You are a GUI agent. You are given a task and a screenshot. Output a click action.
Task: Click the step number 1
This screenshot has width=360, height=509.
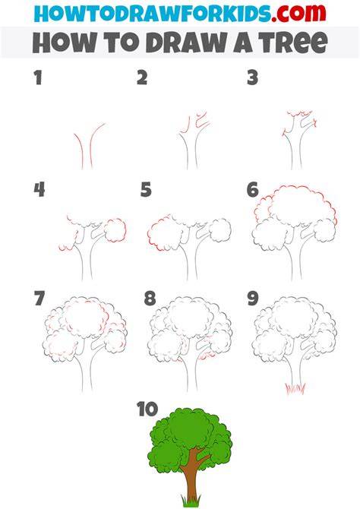[38, 78]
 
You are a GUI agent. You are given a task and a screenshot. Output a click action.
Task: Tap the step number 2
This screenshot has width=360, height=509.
[142, 78]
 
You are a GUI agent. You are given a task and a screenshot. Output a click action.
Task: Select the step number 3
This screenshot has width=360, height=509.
[252, 78]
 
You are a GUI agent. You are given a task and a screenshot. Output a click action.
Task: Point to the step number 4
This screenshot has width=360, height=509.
[39, 190]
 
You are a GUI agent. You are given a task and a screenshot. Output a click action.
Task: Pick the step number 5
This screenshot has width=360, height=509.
[146, 190]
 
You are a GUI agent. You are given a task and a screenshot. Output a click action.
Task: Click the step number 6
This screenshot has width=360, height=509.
[253, 190]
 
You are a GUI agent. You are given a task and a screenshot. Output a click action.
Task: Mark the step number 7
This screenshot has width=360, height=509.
[39, 299]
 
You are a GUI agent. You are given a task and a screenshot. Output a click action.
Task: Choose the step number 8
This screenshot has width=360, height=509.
[150, 299]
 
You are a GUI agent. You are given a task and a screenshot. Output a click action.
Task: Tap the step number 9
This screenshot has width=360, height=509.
[253, 299]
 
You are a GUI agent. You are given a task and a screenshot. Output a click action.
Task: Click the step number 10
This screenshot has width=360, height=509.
[147, 409]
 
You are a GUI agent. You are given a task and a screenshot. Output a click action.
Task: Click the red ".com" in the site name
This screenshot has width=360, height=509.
[298, 13]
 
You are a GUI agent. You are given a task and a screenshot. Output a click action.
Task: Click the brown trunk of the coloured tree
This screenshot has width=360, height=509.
[192, 477]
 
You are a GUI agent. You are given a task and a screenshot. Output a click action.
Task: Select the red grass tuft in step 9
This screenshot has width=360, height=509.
[295, 388]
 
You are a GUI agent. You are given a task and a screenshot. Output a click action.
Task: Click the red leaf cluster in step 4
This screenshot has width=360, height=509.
[115, 230]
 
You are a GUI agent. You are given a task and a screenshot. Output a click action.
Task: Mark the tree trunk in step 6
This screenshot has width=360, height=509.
[296, 257]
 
